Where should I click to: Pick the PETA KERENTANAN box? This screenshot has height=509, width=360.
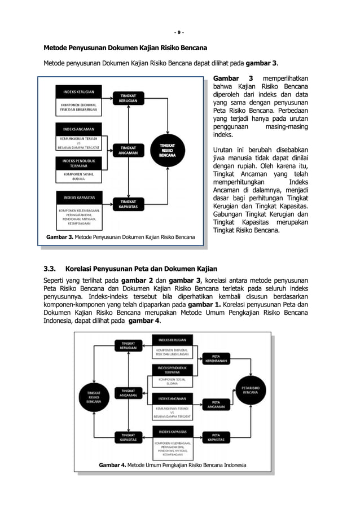pos(216,357)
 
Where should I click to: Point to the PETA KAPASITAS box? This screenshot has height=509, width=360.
pos(216,437)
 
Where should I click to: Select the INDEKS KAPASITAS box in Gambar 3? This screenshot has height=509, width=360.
pos(78,198)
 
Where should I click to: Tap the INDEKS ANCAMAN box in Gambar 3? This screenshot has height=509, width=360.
pos(78,128)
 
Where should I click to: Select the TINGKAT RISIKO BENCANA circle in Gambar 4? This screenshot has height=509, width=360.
pos(94,397)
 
